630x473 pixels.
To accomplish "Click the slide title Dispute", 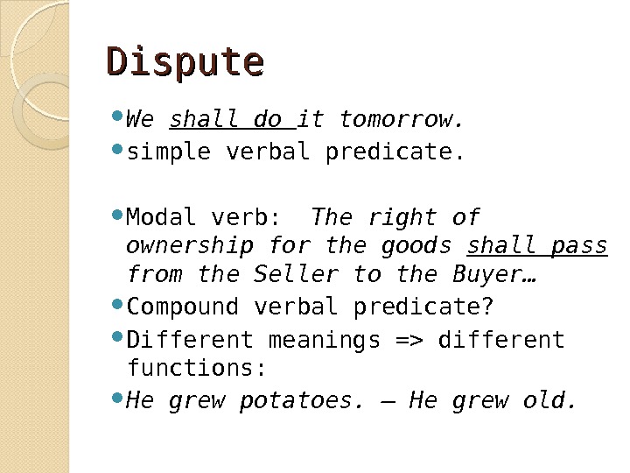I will pos(185,62).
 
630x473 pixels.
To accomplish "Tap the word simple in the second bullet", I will pos(168,152).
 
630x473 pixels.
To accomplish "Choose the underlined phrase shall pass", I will pos(538,245).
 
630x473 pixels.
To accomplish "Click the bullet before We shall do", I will pos(118,116).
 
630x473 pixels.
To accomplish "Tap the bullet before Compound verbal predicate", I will pos(118,306).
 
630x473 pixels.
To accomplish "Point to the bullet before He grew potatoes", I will pos(118,399).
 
